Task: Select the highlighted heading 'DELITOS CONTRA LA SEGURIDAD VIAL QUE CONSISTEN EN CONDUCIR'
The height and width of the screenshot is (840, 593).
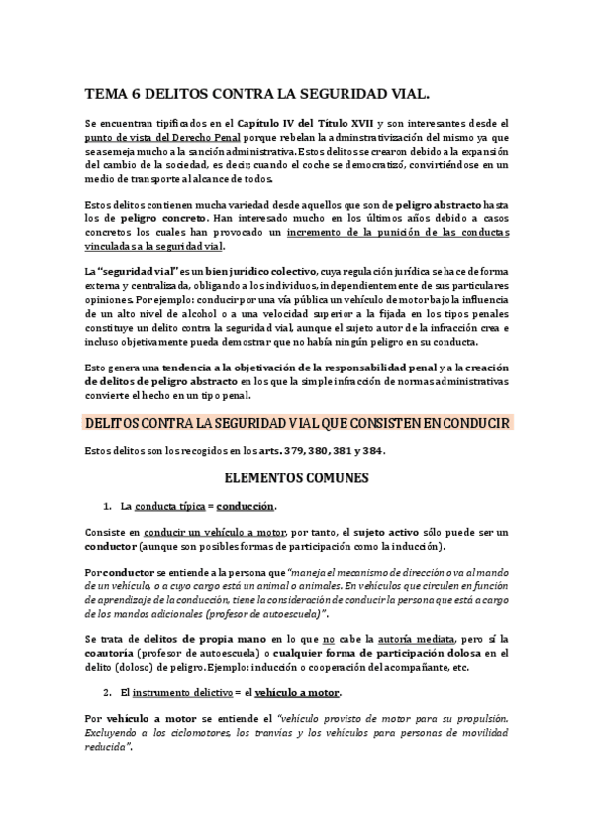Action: point(297,423)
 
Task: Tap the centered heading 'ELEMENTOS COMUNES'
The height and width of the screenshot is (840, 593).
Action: point(296,479)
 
